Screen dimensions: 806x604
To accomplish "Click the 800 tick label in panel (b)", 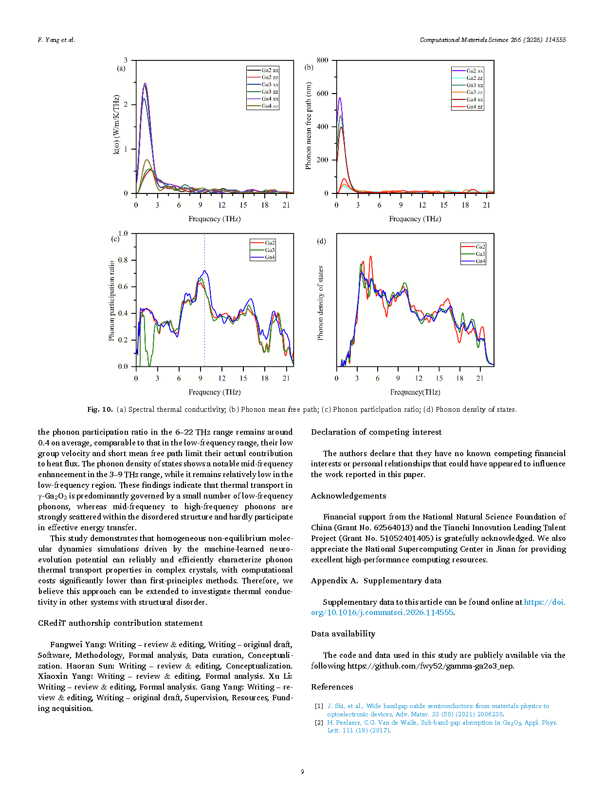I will [322, 60].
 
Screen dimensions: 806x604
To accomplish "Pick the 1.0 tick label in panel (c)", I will [123, 233].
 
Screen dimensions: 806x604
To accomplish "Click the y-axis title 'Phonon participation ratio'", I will [112, 301].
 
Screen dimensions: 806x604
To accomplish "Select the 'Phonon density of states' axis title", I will [320, 303].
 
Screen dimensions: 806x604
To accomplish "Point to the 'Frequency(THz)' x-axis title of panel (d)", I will [415, 392].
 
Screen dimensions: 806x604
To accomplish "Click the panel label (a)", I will [121, 68].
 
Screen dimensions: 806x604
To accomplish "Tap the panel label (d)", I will [321, 241].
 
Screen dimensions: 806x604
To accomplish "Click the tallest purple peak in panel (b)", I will [340, 98].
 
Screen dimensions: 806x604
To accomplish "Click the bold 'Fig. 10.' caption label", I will [100, 409].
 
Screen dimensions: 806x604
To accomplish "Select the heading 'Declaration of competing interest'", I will [376, 432].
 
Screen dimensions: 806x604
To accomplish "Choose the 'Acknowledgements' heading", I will [348, 496].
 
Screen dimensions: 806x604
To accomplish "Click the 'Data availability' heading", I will [343, 633].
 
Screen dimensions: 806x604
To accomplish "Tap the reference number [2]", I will [319, 723].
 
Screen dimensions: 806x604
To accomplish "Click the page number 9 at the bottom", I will [302, 771].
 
